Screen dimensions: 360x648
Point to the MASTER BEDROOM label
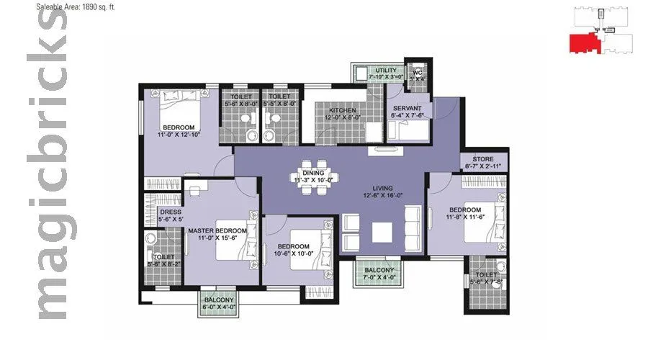point(217,235)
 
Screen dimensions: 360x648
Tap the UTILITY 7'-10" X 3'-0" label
point(381,72)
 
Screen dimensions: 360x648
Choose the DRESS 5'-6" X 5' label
point(171,216)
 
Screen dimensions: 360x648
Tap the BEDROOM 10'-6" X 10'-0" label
point(294,249)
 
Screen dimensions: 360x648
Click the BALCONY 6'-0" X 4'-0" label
point(219,303)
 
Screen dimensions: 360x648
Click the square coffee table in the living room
point(382,233)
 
